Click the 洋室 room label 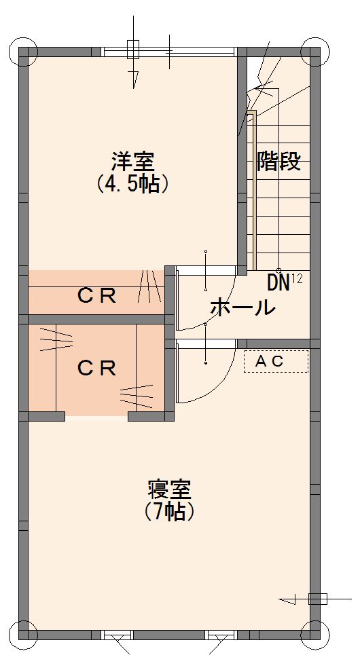(133, 162)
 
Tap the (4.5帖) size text (132, 184)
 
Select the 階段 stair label (278, 162)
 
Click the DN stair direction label (278, 283)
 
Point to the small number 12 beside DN (297, 279)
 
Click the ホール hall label (242, 308)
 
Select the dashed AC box (276, 361)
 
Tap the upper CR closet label (97, 296)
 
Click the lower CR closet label (97, 368)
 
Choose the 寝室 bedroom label (169, 489)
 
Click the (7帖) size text (170, 511)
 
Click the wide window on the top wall (169, 52)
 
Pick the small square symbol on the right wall (318, 599)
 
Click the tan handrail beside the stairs (253, 190)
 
